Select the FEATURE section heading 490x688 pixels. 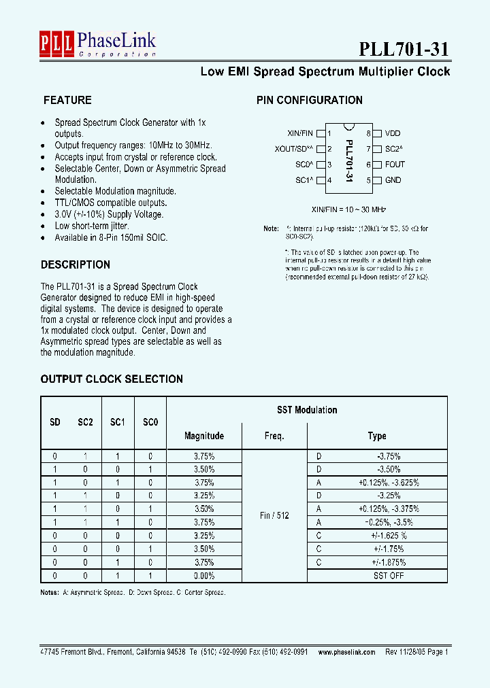tap(67, 100)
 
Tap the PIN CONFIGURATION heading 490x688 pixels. tap(309, 100)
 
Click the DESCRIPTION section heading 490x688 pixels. tap(76, 264)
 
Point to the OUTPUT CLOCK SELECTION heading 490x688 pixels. tap(112, 379)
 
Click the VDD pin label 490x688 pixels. tap(393, 134)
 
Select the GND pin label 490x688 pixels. tap(393, 180)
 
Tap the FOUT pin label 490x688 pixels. tap(395, 165)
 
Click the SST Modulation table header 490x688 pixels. tap(307, 410)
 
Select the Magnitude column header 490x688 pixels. tap(204, 436)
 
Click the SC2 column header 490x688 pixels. tap(85, 422)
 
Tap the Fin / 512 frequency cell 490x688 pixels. tap(274, 515)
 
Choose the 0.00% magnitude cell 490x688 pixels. tap(204, 575)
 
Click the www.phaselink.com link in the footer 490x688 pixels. tap(346, 651)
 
